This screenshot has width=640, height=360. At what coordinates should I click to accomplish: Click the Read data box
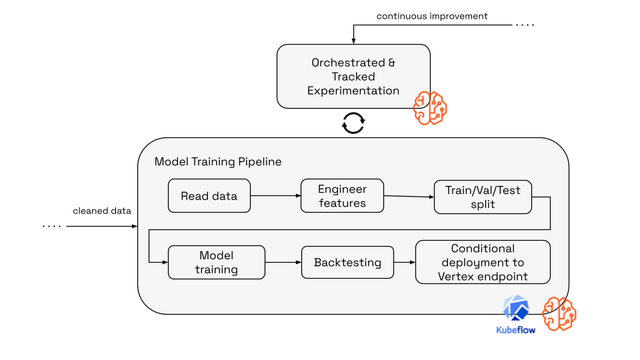tap(209, 196)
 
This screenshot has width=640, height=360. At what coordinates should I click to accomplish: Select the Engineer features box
tap(342, 196)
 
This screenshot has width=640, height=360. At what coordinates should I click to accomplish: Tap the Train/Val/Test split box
tap(483, 197)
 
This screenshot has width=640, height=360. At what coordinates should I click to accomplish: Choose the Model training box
tap(216, 263)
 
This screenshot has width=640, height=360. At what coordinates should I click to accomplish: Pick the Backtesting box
tap(347, 263)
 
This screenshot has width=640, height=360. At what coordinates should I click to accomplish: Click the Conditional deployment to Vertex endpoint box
tap(483, 263)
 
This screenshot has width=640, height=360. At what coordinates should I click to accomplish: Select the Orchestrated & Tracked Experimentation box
tap(353, 76)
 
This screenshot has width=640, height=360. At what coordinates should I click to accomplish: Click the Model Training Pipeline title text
tap(218, 162)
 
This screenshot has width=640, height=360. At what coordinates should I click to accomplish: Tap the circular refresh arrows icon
tap(353, 123)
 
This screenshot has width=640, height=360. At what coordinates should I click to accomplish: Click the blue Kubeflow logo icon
tap(516, 309)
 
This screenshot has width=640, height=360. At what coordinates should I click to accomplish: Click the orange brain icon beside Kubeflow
tap(559, 313)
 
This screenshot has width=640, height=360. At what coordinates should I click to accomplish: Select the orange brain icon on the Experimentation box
tap(429, 108)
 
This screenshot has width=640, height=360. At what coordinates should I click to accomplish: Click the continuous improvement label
tap(432, 16)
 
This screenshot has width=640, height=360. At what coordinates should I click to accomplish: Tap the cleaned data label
tap(102, 211)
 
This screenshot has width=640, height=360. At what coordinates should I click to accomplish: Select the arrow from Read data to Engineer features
tap(275, 196)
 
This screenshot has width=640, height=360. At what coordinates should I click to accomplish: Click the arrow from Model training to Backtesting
tap(283, 263)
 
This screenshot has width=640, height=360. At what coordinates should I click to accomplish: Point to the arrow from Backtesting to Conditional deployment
tap(405, 263)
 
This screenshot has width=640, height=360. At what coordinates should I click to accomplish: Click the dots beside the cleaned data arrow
tap(52, 227)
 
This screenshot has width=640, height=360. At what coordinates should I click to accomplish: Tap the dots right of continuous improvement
tap(525, 25)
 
